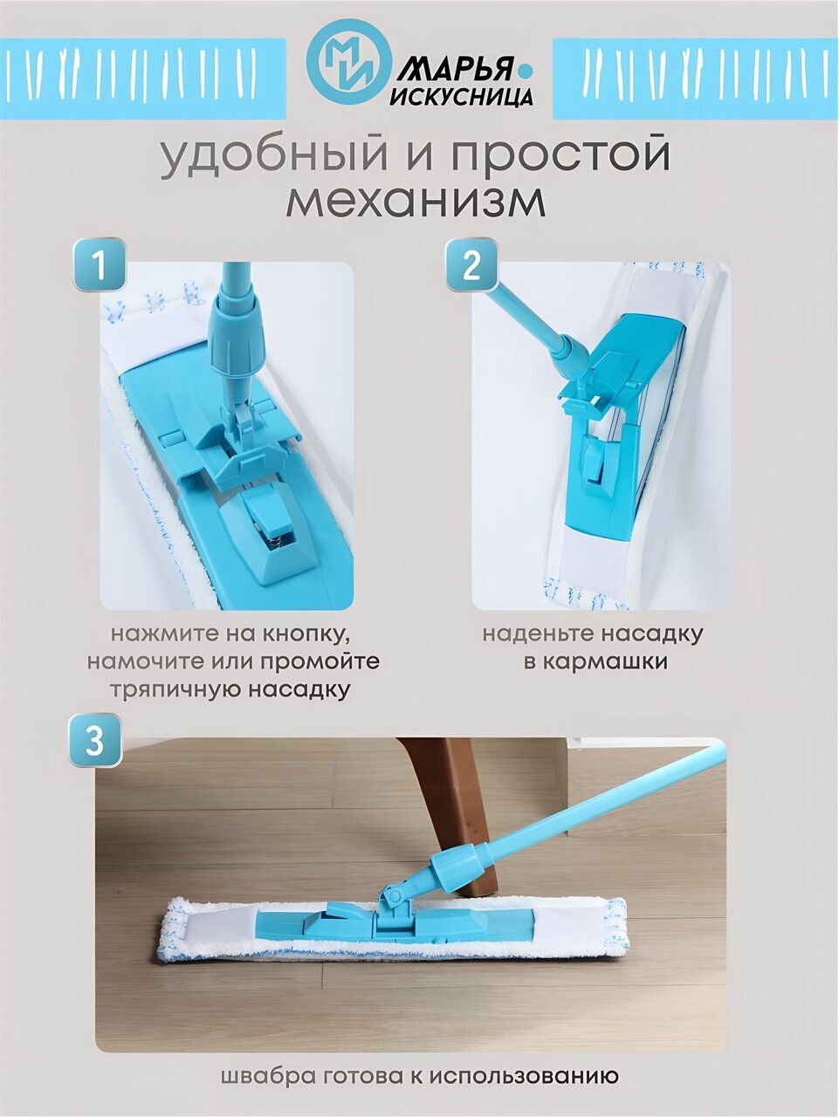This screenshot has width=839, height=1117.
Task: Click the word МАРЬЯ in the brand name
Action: (454, 69)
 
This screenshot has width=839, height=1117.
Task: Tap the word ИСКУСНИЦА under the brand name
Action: (461, 96)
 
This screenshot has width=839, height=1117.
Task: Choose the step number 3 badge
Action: (95, 740)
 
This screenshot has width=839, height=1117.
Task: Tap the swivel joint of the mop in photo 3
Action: (394, 898)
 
